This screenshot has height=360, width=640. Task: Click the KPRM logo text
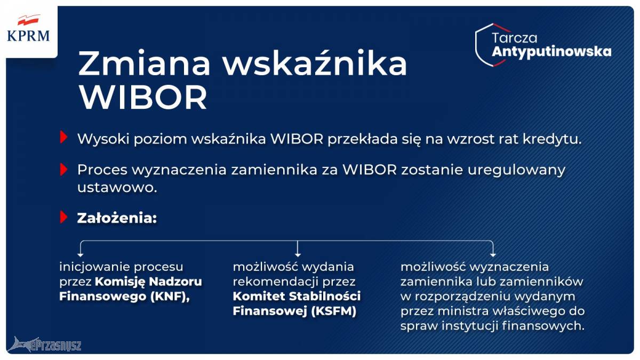[28, 36]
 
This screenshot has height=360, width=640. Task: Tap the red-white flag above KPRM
[28, 20]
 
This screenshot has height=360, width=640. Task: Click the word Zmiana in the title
[145, 63]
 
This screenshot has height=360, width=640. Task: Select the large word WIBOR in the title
[143, 98]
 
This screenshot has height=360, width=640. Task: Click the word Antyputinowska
[551, 52]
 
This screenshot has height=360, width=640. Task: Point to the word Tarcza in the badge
[514, 38]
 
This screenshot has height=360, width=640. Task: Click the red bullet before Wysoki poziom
[63, 137]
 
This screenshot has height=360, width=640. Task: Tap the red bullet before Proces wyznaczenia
[63, 170]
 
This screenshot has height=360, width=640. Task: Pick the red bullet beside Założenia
[63, 218]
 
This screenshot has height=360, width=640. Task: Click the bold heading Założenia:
[117, 218]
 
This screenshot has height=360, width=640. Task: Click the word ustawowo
[117, 188]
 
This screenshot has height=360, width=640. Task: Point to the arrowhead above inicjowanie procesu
[81, 254]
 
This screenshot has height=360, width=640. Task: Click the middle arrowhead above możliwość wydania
[298, 254]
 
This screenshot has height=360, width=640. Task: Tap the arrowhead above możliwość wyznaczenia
[493, 254]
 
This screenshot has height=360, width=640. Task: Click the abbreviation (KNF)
[170, 297]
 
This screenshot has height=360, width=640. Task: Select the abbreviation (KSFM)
[334, 311]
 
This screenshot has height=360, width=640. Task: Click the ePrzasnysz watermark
[45, 345]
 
